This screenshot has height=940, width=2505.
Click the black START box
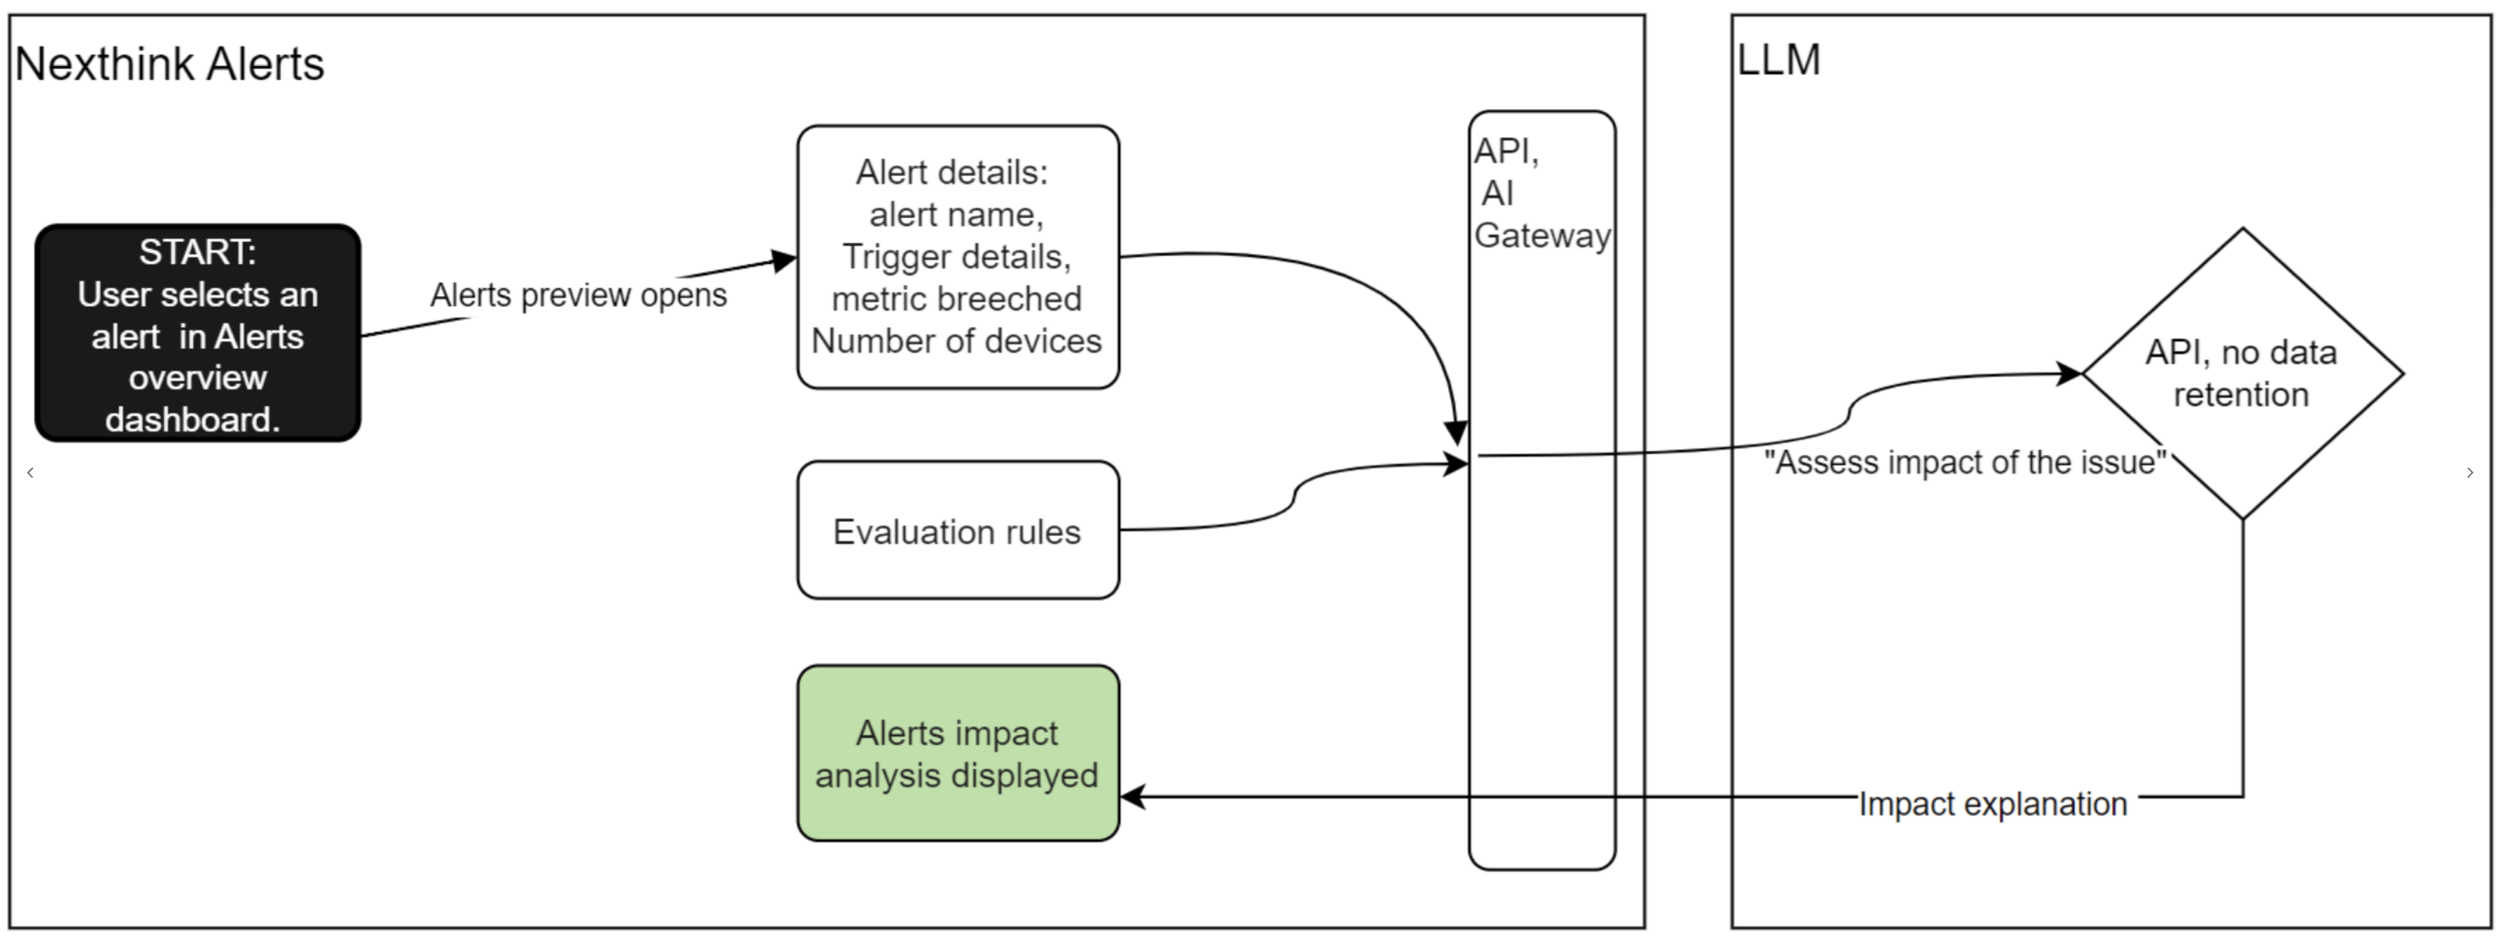pos(197,334)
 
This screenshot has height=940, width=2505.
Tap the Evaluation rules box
pos(957,531)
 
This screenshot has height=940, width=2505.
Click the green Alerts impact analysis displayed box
pos(957,754)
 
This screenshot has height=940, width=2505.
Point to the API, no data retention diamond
pos(2242,374)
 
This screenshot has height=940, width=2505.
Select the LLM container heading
pos(1778,61)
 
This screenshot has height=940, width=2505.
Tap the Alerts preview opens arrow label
pos(579,295)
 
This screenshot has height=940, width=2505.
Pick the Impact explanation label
pos(1992,804)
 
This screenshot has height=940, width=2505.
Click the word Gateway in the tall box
pos(1543,235)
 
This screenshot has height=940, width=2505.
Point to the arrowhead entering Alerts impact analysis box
pos(1133,797)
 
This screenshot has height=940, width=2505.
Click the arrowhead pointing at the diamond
pos(2068,374)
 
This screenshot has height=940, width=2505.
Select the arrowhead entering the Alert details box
pos(784,260)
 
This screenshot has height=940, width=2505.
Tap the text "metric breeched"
pos(957,298)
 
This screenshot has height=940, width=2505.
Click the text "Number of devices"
pos(957,341)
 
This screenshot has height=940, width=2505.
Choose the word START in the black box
pos(197,252)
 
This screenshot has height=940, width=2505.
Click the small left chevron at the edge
pos(31,472)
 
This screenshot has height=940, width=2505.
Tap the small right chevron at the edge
pos(2470,472)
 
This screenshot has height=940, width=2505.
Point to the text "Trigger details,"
pos(957,257)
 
